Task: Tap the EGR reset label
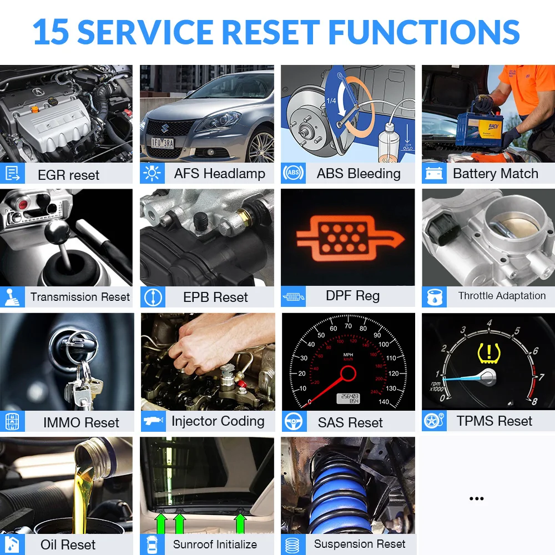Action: tap(68, 175)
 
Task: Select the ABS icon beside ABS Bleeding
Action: tap(293, 174)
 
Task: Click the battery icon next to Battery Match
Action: tap(433, 174)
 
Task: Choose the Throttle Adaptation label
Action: tap(502, 296)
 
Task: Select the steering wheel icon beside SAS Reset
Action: tap(292, 422)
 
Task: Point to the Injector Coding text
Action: tap(218, 421)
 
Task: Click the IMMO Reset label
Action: tap(81, 422)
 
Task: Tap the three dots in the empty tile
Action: tap(476, 499)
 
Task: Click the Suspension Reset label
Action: tap(360, 544)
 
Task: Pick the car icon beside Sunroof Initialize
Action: tap(152, 544)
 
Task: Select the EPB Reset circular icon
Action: tap(153, 297)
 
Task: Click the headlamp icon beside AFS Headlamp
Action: tap(152, 174)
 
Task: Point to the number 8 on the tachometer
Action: tap(534, 401)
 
